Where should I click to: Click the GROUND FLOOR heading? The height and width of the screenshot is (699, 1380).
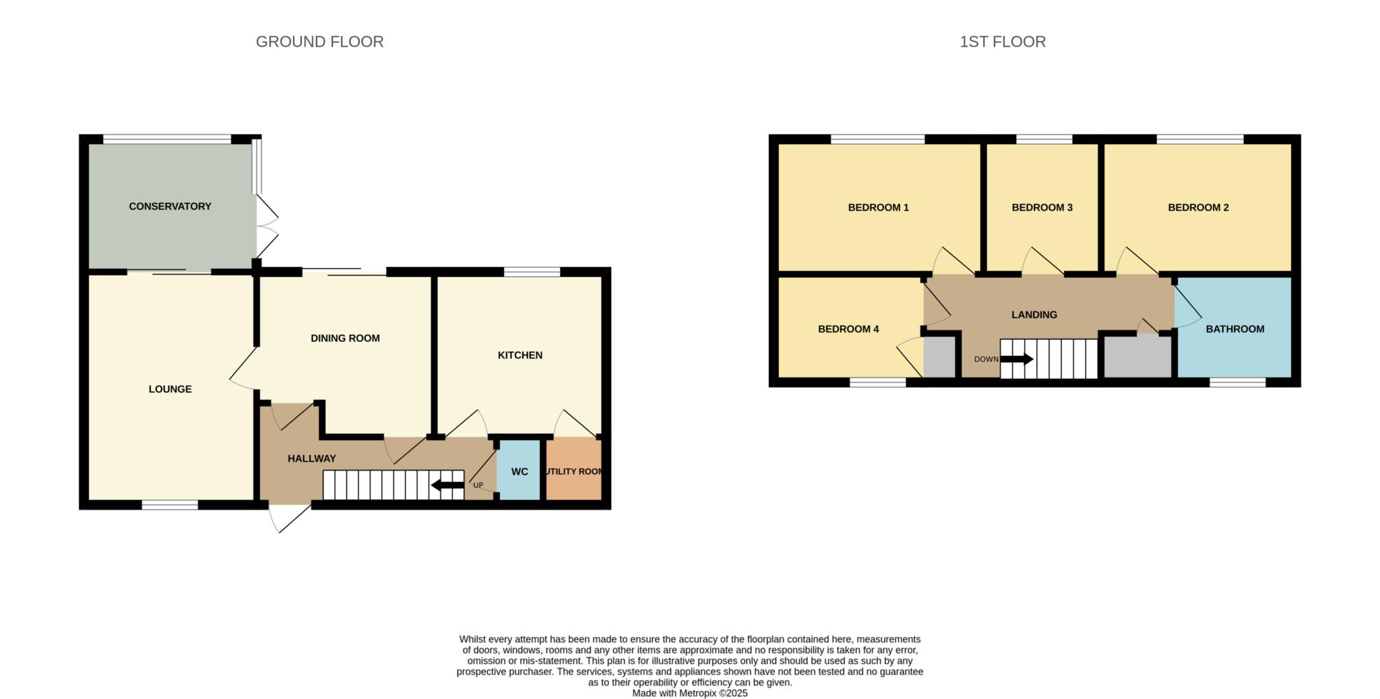point(319,42)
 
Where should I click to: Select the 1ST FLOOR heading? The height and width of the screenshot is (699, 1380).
point(1002,42)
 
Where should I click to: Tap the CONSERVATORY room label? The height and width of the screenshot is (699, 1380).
point(170,206)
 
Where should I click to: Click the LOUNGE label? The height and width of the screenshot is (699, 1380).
point(170,389)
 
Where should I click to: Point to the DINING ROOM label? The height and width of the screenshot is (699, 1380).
point(345,338)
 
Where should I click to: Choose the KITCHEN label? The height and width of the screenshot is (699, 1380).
point(520,355)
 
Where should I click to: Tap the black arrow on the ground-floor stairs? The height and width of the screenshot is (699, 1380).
point(447,485)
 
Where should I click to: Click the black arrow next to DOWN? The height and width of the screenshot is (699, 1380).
point(1016,359)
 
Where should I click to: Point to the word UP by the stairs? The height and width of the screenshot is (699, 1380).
point(478,485)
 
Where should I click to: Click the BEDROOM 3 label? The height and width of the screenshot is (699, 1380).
point(1042,208)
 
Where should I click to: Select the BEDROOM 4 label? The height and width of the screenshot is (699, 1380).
point(848,329)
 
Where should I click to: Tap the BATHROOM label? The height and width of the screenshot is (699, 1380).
point(1234,329)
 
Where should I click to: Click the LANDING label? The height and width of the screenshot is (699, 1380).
point(1034,315)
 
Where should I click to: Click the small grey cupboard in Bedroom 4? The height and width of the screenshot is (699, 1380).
point(939,357)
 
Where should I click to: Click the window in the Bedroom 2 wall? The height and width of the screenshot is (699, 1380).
point(1199,140)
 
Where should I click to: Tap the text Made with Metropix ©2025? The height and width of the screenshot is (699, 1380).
point(689,693)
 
